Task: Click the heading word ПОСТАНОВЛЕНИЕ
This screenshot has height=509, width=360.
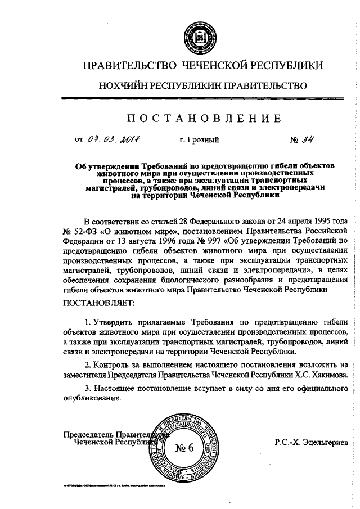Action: point(203,118)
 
